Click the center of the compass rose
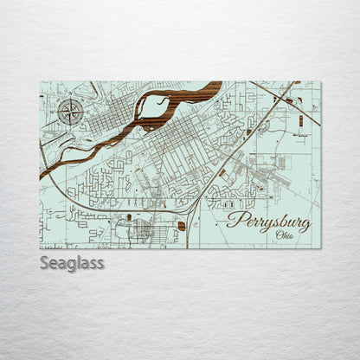[x=70, y=110]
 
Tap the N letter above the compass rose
[x=70, y=98]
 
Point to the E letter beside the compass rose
[x=83, y=110]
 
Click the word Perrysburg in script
[x=268, y=221]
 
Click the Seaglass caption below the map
[x=72, y=262]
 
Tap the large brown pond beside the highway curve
[x=181, y=226]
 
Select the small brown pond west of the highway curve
[x=129, y=216]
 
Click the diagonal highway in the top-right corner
[x=273, y=96]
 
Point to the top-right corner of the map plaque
[x=320, y=81]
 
